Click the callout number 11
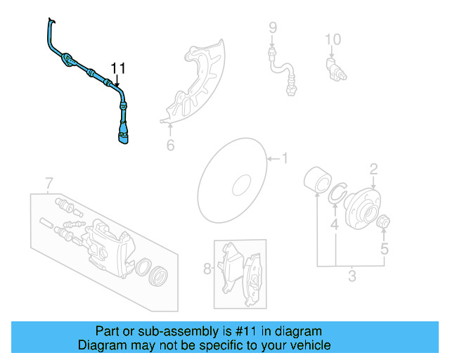(117, 68)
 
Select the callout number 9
(273, 28)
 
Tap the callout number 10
(333, 39)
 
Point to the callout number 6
(169, 146)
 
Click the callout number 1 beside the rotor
(285, 158)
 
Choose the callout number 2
(373, 168)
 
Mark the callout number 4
(335, 225)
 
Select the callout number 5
(384, 248)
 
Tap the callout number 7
(49, 184)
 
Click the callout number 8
(207, 268)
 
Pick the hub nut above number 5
(384, 224)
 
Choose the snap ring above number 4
(338, 195)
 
